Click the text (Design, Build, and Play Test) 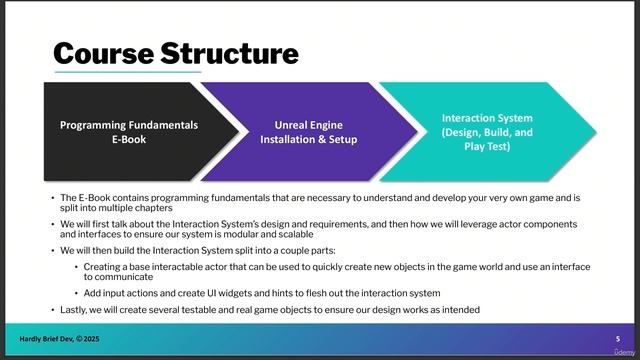(x=487, y=132)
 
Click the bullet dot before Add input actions (x=76, y=293)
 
